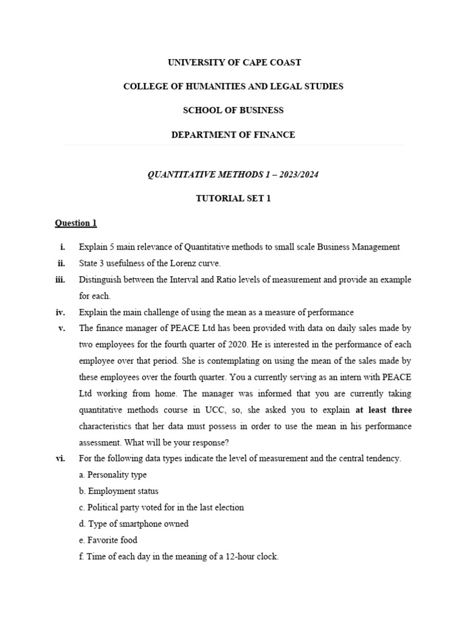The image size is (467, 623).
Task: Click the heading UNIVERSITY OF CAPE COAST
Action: [x=233, y=63]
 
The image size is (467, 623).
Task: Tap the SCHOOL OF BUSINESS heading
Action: [x=233, y=111]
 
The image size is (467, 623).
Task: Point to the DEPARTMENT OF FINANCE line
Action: [x=233, y=135]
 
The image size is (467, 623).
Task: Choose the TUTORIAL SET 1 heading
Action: [x=233, y=198]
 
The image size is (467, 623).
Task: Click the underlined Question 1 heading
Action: [x=76, y=223]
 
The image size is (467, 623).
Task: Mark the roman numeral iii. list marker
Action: [x=60, y=280]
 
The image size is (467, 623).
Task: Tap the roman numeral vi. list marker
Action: [x=60, y=458]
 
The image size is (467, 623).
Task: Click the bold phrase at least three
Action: [x=384, y=409]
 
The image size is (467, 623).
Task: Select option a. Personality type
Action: [x=112, y=475]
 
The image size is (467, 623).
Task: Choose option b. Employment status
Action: [x=119, y=491]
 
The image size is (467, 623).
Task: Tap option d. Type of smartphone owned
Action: [x=134, y=523]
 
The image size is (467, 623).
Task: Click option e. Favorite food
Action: [x=108, y=540]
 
